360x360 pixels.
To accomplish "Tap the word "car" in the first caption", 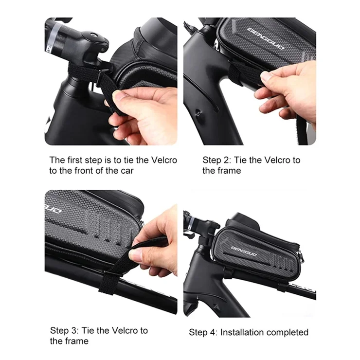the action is pyautogui.click(x=127, y=171).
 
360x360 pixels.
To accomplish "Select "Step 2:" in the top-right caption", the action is pyautogui.click(x=216, y=160).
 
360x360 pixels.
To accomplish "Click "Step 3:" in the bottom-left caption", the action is pyautogui.click(x=64, y=331).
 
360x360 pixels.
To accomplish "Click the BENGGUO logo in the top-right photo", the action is pyautogui.click(x=266, y=38).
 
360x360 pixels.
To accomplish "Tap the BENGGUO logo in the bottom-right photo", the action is pyautogui.click(x=244, y=251).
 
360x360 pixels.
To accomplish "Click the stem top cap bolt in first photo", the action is pyautogui.click(x=94, y=35).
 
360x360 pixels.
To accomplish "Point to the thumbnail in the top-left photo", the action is pyautogui.click(x=119, y=95).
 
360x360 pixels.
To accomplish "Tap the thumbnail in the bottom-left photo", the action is pyautogui.click(x=136, y=255).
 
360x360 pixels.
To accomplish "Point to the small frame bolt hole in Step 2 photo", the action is pyautogui.click(x=198, y=112).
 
